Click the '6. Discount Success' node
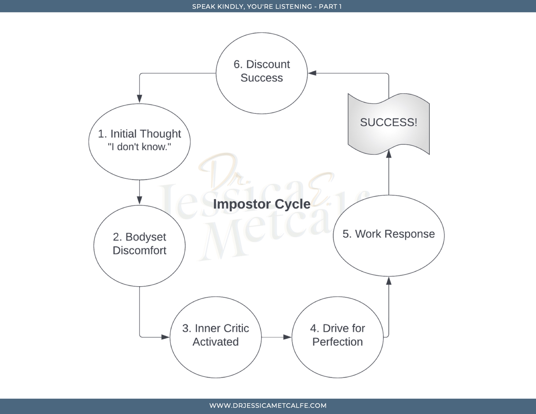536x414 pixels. (262, 73)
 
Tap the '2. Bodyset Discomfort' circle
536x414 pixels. (139, 245)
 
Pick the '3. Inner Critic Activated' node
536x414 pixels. (216, 337)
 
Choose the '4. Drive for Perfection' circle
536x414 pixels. (338, 337)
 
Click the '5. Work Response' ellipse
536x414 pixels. (389, 236)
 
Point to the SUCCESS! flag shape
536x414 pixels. (389, 123)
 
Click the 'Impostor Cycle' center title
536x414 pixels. (262, 204)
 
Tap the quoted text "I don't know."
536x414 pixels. (139, 147)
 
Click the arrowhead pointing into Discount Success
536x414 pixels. (312, 73)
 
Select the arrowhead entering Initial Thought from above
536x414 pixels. (139, 99)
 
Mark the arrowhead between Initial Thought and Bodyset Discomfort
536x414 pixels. (139, 200)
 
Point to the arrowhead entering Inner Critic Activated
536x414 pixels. (165, 337)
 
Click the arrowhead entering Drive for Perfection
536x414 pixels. (287, 337)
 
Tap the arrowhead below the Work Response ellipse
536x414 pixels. (389, 281)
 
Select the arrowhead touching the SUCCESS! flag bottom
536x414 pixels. (389, 154)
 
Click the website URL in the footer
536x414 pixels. (268, 406)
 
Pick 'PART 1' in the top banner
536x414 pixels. (330, 6)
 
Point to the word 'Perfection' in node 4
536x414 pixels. (338, 342)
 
